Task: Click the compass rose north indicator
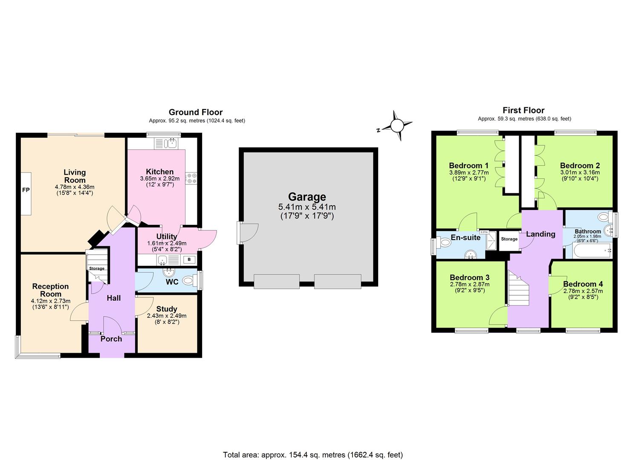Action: tap(396, 126)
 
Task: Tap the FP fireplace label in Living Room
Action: tap(26, 190)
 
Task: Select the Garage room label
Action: tap(307, 197)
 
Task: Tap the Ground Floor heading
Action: tap(196, 112)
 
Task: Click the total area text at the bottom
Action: tap(312, 455)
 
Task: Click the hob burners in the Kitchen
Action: tap(191, 178)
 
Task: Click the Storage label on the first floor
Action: tap(509, 239)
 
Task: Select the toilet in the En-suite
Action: tap(444, 243)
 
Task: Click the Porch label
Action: tap(111, 339)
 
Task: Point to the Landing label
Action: tap(541, 234)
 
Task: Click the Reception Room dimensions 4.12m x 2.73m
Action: tap(50, 301)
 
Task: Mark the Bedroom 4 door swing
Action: tap(556, 285)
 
